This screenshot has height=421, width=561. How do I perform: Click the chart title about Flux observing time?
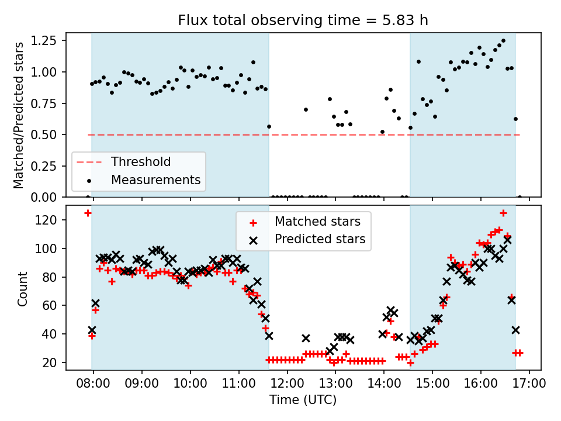[303, 20]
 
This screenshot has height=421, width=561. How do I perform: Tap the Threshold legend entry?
[141, 162]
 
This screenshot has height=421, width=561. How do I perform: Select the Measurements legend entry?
[155, 180]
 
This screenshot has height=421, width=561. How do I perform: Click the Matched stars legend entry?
[317, 222]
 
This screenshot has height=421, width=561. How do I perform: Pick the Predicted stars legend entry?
[320, 239]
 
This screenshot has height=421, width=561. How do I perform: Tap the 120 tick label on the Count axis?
[51, 220]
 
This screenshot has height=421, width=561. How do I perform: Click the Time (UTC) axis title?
[303, 400]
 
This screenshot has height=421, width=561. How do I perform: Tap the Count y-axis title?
[23, 288]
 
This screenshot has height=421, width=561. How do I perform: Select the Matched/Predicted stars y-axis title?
[19, 115]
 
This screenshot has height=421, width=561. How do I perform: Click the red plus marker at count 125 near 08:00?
[88, 213]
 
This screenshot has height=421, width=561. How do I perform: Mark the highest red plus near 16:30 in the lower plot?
[503, 213]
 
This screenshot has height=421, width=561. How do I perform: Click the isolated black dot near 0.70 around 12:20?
[306, 109]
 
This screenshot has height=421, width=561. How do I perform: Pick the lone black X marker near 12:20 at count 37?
[306, 338]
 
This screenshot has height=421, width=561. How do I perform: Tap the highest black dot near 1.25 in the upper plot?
[503, 41]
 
